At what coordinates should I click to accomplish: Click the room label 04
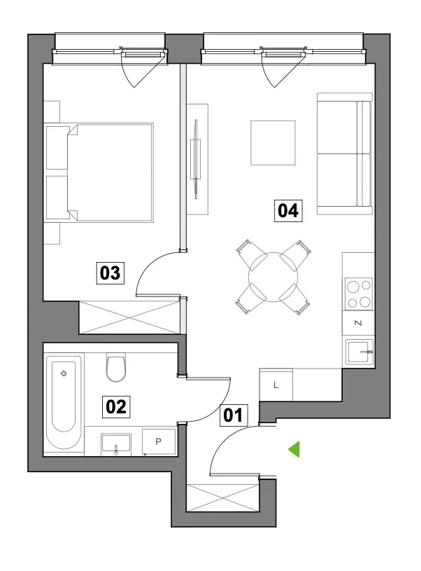pos(288,210)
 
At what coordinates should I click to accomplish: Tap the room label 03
pos(110,273)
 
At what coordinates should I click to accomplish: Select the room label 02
pos(116,406)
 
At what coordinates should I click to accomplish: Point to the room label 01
pos(234,415)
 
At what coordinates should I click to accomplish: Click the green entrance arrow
pos(294,449)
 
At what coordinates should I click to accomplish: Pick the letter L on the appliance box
pos(276,385)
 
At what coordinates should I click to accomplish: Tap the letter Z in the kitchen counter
pos(358,323)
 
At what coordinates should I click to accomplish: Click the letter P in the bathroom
pos(158,441)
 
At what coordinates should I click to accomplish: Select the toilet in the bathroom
pos(116,367)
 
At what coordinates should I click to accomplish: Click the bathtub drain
pos(64,373)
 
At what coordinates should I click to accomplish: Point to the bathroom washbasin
pos(116,444)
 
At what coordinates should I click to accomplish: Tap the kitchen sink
pos(359,352)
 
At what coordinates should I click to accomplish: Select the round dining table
pos(273,277)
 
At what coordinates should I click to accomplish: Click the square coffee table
pos(273,143)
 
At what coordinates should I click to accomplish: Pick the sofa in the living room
pos(345,153)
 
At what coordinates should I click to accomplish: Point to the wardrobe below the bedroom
pos(129,317)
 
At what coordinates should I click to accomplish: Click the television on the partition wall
pos(197,159)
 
